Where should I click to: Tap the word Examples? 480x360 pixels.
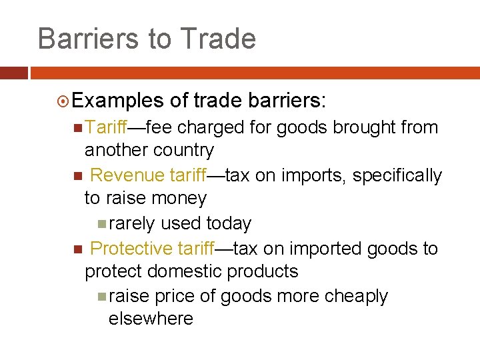click(117, 101)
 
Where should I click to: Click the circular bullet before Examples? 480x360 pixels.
click(63, 101)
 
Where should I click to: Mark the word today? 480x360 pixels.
click(228, 223)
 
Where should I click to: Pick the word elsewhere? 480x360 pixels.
click(151, 319)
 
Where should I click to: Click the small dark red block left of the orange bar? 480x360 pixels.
click(13, 73)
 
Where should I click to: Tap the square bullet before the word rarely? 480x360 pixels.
click(101, 224)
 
